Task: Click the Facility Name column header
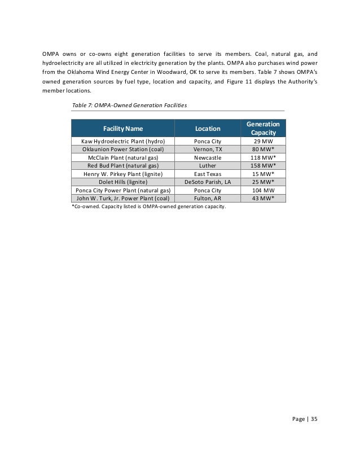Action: [122, 128]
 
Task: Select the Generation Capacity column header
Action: [263, 128]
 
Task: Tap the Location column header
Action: [208, 128]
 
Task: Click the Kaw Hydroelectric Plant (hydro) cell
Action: [122, 141]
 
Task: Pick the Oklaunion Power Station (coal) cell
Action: [122, 150]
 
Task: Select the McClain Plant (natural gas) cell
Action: [122, 158]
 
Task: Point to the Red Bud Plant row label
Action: [122, 166]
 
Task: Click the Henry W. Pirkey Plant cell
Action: [122, 174]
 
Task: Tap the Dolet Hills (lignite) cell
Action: [122, 182]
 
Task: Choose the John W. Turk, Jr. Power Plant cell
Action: [122, 199]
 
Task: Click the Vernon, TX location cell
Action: [208, 150]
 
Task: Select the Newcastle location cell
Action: [208, 158]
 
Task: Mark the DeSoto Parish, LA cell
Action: [208, 182]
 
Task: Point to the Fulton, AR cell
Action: [208, 199]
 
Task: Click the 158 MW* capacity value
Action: [263, 166]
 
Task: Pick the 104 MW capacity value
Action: [263, 191]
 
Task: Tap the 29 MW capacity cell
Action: [263, 141]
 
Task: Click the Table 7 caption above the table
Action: [130, 105]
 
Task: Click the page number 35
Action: [314, 419]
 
